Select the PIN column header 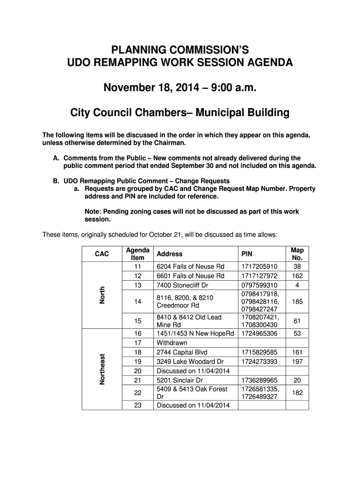pyautogui.click(x=246, y=254)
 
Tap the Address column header pyautogui.click(x=169, y=254)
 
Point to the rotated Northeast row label pyautogui.click(x=101, y=369)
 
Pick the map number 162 pyautogui.click(x=297, y=276)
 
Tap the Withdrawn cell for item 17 pyautogui.click(x=172, y=343)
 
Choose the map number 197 pyautogui.click(x=297, y=362)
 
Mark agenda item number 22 pyautogui.click(x=137, y=393)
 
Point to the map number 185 pyautogui.click(x=297, y=302)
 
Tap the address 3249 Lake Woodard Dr pyautogui.click(x=190, y=362)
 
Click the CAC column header pyautogui.click(x=101, y=254)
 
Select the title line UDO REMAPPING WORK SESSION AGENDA pyautogui.click(x=180, y=63)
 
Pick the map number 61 pyautogui.click(x=297, y=321)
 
